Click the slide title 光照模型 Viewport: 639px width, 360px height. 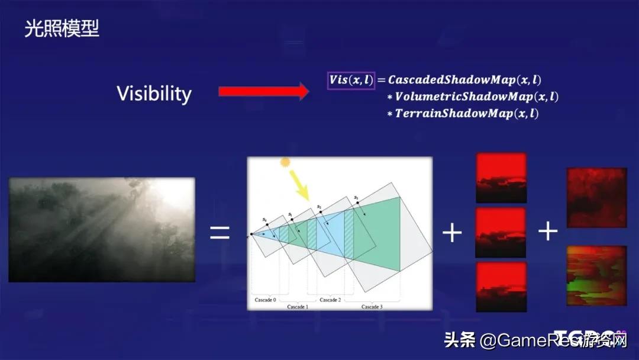point(62,28)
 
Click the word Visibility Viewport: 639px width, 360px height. point(154,94)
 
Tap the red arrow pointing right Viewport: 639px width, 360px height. point(263,91)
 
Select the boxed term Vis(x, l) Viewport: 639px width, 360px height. point(351,79)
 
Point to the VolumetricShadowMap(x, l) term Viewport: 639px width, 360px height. point(476,96)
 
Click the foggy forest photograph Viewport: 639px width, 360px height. point(102,229)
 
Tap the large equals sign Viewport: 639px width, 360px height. point(220,232)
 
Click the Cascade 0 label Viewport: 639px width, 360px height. point(264,300)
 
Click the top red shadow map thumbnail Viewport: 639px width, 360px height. point(501,178)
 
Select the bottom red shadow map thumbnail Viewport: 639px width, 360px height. point(501,287)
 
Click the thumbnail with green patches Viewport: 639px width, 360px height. point(596,275)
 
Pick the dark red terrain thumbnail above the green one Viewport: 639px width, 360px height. point(596,197)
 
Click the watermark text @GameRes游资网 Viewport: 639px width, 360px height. point(553,340)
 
